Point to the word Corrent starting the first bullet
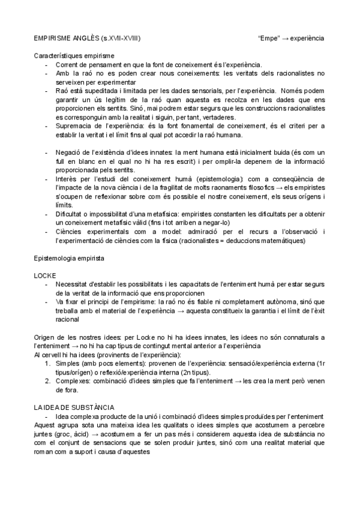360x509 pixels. tap(67, 64)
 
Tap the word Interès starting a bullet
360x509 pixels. tap(67, 179)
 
